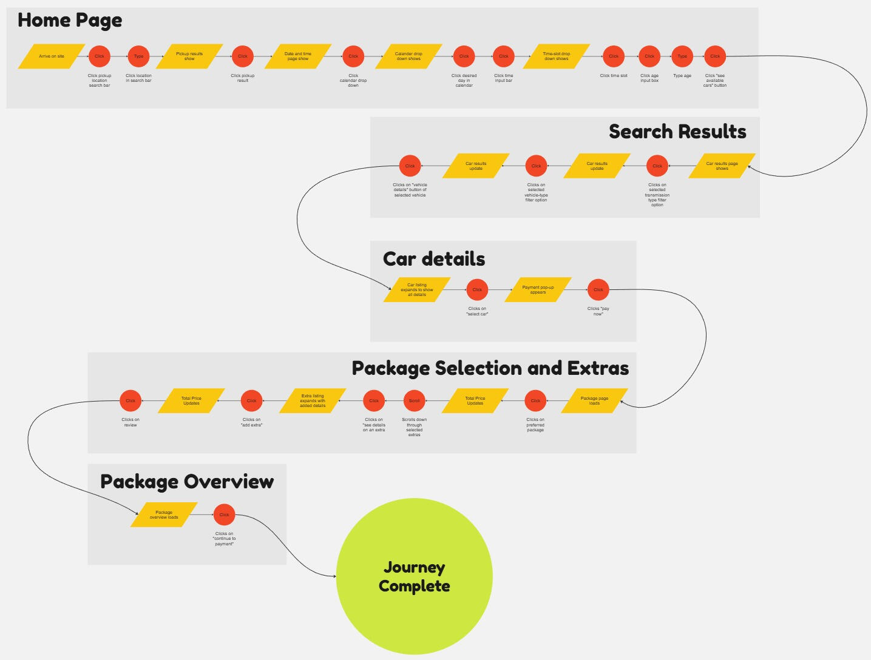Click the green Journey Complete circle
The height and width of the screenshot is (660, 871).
coord(414,576)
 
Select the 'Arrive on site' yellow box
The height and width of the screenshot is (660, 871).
coord(52,56)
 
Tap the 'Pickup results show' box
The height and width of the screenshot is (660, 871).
coord(189,56)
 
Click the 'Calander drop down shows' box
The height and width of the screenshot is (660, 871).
coord(408,56)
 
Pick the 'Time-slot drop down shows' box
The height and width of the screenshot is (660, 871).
coord(556,56)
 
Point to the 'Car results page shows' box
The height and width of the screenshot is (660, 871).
coord(722,166)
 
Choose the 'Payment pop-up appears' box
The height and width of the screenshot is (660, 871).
coord(538,290)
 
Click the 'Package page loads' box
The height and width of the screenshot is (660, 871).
coord(594,401)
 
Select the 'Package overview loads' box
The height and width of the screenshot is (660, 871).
coord(164,515)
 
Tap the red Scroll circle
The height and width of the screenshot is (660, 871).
coord(415,401)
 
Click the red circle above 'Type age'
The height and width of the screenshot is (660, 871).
coord(682,56)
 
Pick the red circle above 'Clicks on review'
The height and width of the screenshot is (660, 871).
coord(130,401)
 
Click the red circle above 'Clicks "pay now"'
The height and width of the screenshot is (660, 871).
coord(598,290)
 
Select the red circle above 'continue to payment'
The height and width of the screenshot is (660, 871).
coord(224,515)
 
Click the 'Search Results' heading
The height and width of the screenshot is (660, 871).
coord(677,132)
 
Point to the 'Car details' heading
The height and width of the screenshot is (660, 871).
coord(434,259)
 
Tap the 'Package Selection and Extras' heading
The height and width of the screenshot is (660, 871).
coord(490,368)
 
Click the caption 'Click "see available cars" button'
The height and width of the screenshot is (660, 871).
coord(715,81)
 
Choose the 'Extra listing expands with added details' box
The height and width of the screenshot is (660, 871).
coord(313,401)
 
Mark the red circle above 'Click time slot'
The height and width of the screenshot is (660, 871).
coord(614,56)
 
